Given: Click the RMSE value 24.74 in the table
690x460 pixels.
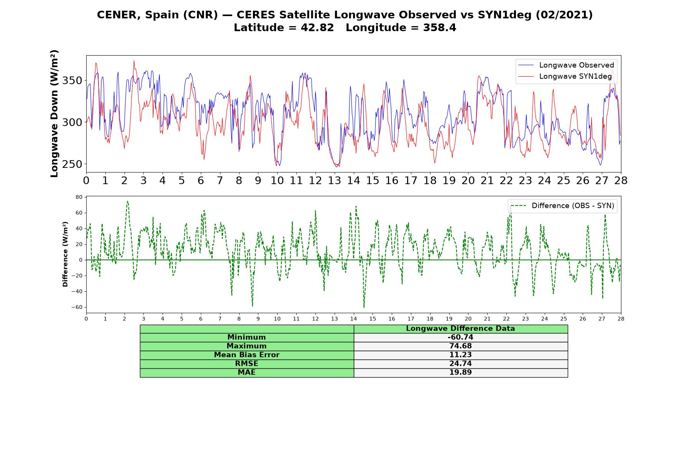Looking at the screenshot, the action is pyautogui.click(x=460, y=364).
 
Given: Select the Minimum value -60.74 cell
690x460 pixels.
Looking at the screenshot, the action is pyautogui.click(x=460, y=337).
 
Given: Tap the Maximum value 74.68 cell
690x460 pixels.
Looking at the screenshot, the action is pyautogui.click(x=460, y=346).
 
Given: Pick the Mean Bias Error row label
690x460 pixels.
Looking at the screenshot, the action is pyautogui.click(x=246, y=355).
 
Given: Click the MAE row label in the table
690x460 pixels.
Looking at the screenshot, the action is pyautogui.click(x=246, y=373).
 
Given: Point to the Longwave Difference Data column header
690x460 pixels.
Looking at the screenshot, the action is pyautogui.click(x=460, y=329).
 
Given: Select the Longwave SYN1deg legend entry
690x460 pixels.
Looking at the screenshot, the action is pyautogui.click(x=565, y=76).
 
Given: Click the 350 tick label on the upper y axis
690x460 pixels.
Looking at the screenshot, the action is pyautogui.click(x=73, y=81).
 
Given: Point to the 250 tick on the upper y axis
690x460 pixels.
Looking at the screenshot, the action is pyautogui.click(x=73, y=164).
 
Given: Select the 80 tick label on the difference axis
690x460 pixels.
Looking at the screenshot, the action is pyautogui.click(x=79, y=197).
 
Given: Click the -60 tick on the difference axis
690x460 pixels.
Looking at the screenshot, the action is pyautogui.click(x=77, y=307).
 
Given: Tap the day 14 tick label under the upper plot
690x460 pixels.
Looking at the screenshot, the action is pyautogui.click(x=353, y=181).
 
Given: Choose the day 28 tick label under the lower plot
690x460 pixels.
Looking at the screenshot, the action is pyautogui.click(x=621, y=319).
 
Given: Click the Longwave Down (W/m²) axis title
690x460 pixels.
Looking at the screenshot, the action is pyautogui.click(x=54, y=113).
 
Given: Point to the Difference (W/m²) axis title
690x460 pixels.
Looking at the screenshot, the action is pyautogui.click(x=65, y=254).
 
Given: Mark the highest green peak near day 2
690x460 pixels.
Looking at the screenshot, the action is pyautogui.click(x=128, y=201).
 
